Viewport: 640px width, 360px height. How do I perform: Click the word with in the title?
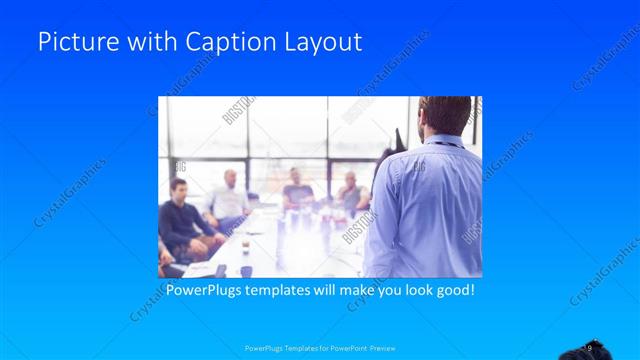(145, 43)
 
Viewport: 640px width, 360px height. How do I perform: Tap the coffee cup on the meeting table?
(246, 270)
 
